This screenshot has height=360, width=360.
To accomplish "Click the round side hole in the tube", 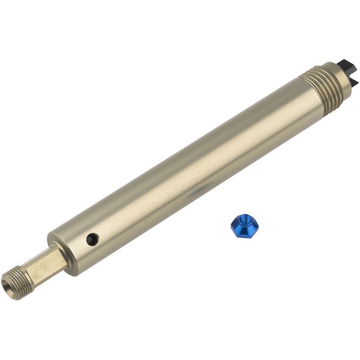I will click(x=92, y=239).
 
